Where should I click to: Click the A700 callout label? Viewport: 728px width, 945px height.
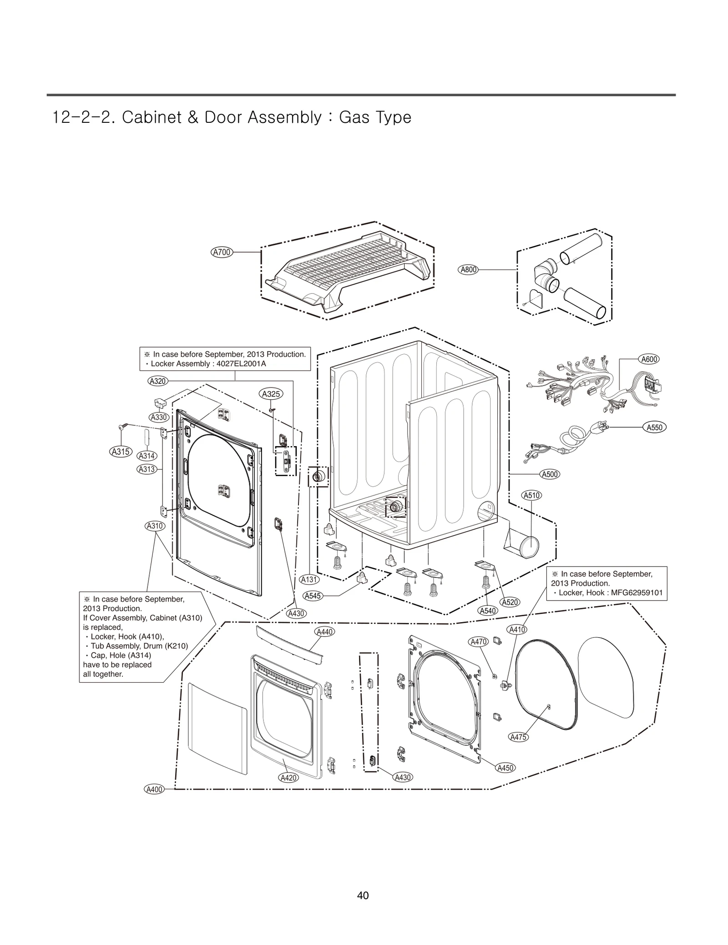coord(222,252)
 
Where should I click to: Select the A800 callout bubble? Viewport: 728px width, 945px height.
coord(468,270)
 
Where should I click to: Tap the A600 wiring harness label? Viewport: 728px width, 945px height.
coord(649,359)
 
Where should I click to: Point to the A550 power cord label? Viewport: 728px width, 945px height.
coord(655,427)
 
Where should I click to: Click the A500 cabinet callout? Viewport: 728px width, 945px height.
coord(550,474)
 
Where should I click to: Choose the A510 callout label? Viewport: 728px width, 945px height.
coord(531,495)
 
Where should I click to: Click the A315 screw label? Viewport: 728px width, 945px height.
coord(121,452)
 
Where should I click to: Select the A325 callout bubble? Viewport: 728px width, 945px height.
coord(271,394)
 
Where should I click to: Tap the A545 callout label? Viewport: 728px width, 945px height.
coord(313,596)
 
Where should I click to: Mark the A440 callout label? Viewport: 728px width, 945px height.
coord(324,632)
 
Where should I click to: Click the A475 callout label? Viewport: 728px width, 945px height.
coord(518,737)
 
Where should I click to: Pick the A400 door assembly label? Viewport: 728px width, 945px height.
coord(154,789)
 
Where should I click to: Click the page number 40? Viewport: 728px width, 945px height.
coord(363,895)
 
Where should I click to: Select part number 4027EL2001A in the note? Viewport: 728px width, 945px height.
coord(241,364)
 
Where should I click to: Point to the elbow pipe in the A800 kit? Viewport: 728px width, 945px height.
coord(546,275)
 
